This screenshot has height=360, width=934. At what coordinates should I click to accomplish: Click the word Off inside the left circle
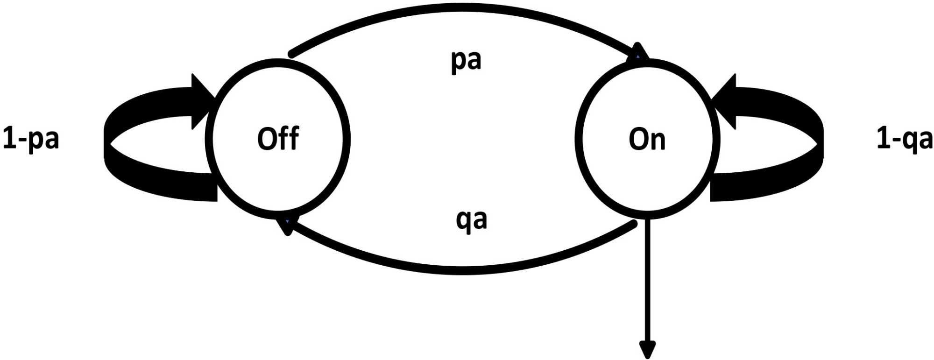tap(278, 139)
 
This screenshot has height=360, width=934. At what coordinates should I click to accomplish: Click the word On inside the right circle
tap(647, 139)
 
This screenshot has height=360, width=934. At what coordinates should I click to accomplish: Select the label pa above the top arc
tap(466, 61)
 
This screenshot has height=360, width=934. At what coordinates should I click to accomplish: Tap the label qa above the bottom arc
tap(471, 219)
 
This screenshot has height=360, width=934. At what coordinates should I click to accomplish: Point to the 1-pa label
tap(31, 139)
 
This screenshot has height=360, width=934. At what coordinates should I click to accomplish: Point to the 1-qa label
tap(904, 139)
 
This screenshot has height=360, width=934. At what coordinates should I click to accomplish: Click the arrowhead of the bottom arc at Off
tap(286, 226)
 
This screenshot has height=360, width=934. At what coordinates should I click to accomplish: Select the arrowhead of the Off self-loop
tap(202, 101)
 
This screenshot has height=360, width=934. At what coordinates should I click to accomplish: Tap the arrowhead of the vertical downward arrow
tap(647, 349)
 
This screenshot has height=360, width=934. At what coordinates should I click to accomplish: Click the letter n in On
tap(657, 141)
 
